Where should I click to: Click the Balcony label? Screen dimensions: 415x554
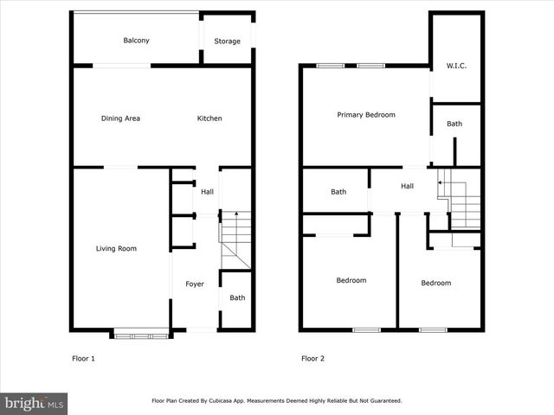(136, 41)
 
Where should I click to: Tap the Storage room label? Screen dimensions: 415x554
(227, 41)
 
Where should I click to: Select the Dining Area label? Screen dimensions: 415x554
(120, 118)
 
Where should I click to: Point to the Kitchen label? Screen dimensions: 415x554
(209, 118)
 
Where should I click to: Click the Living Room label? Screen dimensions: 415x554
(116, 249)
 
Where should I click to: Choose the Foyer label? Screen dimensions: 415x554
(195, 284)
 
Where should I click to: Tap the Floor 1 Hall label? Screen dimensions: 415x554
(208, 192)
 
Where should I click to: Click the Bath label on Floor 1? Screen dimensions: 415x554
(237, 298)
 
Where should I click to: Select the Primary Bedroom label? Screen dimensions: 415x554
(366, 115)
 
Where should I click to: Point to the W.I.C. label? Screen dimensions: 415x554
(456, 66)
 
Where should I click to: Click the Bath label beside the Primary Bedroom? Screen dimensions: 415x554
(454, 124)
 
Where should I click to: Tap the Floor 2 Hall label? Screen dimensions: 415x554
(407, 186)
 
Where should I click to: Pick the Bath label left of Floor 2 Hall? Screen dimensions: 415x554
(338, 192)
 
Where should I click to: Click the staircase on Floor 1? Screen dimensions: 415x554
(235, 240)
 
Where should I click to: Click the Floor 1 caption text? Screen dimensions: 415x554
(83, 358)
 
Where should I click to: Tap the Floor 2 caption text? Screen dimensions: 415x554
(313, 358)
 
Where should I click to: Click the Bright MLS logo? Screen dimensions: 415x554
(35, 403)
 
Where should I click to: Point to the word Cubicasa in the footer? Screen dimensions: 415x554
(237, 401)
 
